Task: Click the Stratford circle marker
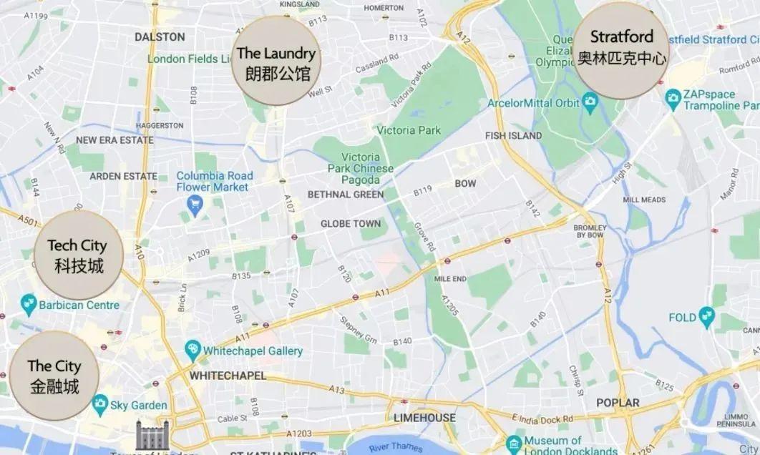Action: (621, 49)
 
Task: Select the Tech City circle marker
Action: (79, 255)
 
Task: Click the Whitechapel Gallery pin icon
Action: (193, 351)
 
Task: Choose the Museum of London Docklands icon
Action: (513, 444)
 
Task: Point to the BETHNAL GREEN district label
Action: (345, 195)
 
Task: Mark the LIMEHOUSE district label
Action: (424, 418)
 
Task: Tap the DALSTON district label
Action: (160, 36)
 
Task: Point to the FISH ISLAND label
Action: (513, 135)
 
